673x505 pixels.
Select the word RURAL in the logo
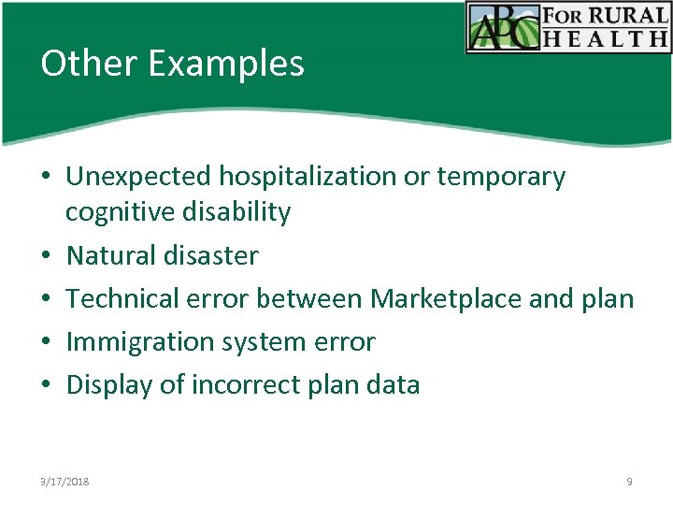[x=629, y=15]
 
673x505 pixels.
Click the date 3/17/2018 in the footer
[x=64, y=482]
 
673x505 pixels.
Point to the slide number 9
[x=629, y=482]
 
